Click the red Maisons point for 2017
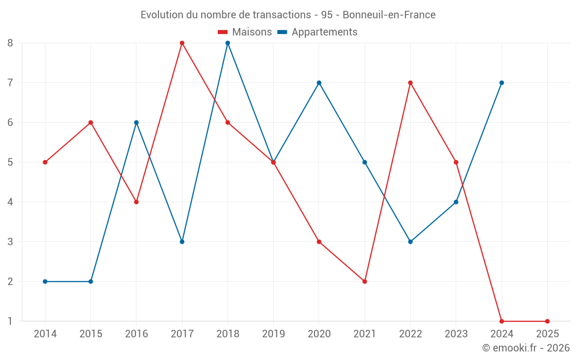182,43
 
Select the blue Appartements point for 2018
228,43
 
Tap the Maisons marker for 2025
547,321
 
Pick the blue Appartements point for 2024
502,83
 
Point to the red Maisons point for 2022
410,83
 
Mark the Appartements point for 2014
45,282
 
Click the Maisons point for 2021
365,282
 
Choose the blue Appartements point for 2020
319,83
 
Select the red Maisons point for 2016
137,202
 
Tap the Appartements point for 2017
182,242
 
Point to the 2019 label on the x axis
274,334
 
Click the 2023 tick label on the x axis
456,334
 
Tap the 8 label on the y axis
10,43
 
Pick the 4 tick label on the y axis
10,202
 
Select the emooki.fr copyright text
525,348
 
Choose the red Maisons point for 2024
502,321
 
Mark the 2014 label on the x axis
45,334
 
